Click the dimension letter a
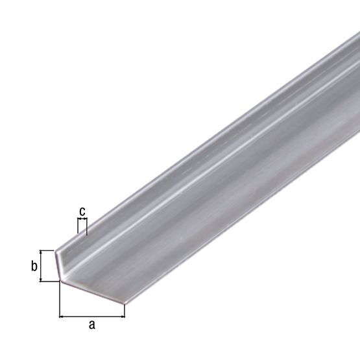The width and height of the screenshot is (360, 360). point(91,326)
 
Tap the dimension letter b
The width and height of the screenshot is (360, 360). point(34,266)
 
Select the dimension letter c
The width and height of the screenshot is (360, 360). point(82,211)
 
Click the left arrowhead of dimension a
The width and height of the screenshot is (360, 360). point(62,317)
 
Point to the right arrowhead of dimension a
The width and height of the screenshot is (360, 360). point(122,317)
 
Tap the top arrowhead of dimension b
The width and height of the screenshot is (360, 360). point(42,252)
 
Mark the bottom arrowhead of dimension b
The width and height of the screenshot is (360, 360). point(42,278)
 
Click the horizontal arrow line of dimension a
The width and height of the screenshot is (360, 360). point(91,317)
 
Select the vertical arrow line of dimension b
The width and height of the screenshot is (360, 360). point(42,265)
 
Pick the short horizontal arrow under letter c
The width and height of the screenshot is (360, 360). point(82,221)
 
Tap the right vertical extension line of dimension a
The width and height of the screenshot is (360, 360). point(125,311)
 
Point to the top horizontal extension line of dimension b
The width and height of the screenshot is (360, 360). point(47,250)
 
